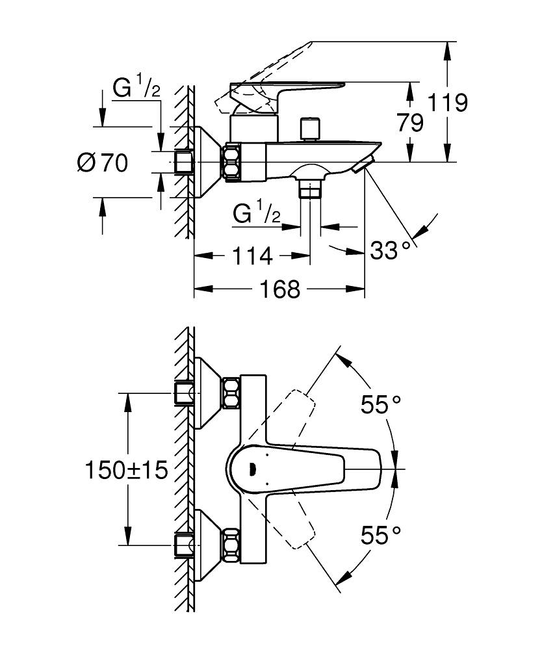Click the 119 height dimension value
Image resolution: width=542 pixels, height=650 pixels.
[448, 103]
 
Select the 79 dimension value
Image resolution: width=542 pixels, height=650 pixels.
[409, 122]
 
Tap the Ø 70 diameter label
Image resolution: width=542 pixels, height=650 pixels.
[103, 162]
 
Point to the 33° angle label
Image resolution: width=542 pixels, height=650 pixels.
[391, 249]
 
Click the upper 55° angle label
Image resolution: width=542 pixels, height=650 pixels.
[381, 405]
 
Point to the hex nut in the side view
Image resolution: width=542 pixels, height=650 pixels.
[232, 162]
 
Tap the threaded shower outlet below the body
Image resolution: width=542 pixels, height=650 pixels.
[311, 190]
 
